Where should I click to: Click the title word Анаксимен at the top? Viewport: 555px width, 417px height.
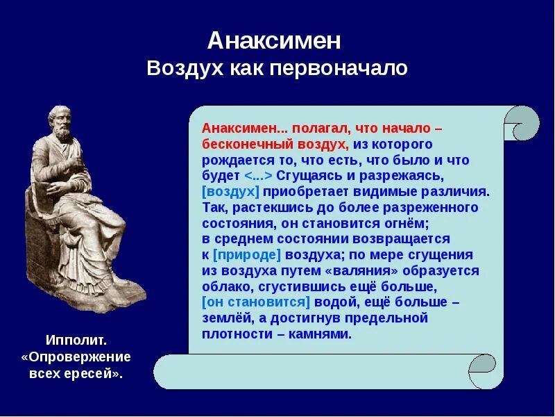click(x=274, y=41)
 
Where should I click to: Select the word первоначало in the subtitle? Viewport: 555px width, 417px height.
click(x=339, y=67)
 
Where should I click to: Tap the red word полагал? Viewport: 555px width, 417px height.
click(x=321, y=128)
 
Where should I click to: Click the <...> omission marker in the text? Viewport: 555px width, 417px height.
click(x=258, y=176)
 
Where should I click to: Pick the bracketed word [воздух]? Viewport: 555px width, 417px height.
click(x=231, y=192)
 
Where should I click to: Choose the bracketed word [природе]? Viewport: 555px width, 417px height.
click(x=247, y=255)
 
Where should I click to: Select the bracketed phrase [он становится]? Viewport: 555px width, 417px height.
click(x=256, y=302)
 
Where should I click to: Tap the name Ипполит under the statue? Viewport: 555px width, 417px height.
click(x=76, y=341)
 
